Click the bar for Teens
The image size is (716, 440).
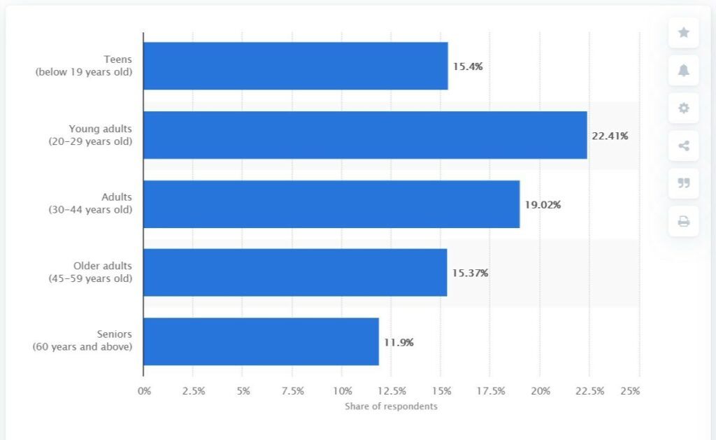pos(295,66)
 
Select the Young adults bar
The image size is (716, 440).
pos(365,135)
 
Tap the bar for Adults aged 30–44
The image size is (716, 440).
pos(331,204)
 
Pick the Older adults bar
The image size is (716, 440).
pos(295,273)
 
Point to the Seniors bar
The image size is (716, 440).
pos(261,341)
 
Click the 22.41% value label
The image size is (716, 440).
pos(610,136)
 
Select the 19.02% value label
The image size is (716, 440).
pos(543,205)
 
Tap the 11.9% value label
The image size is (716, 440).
pos(399,342)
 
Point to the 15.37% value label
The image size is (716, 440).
pos(470,273)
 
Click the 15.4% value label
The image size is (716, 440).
pos(468,66)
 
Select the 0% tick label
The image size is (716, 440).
pos(144,391)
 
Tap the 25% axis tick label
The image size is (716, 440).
pos(630,391)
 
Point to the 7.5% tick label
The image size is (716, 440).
pos(293,391)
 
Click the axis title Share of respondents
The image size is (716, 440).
pos(391,406)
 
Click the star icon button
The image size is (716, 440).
pos(683,32)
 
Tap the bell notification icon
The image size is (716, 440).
pos(683,70)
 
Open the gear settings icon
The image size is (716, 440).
pos(683,108)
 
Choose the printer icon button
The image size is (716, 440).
pos(683,222)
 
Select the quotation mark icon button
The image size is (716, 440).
pos(683,183)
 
